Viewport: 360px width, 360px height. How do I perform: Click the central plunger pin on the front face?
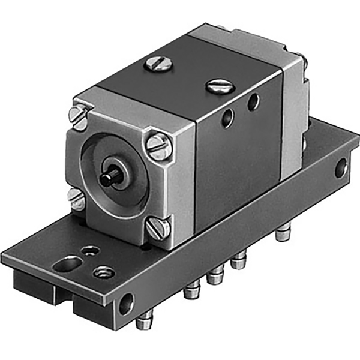click(x=109, y=178)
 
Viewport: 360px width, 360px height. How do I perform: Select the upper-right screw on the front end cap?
click(x=157, y=146)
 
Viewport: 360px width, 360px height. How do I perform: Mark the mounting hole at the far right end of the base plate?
click(x=340, y=167)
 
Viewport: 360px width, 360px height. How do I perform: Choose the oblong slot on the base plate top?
click(x=67, y=263)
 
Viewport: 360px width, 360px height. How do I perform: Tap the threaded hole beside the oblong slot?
click(x=104, y=272)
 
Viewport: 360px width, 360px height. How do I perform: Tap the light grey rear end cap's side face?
click(x=293, y=108)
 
